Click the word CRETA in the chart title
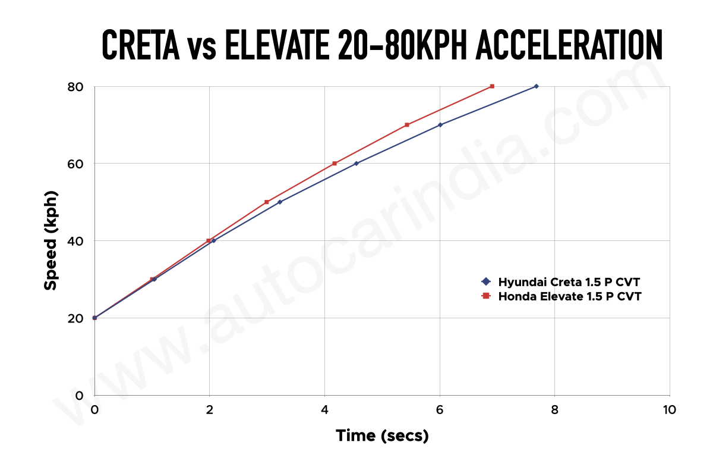click(140, 45)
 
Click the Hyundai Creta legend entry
click(569, 281)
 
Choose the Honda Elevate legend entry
click(569, 296)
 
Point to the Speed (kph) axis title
click(51, 240)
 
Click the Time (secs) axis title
click(382, 436)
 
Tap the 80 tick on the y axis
click(76, 86)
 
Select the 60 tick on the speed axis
click(76, 164)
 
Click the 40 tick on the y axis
click(76, 241)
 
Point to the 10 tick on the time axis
click(670, 410)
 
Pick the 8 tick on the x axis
click(554, 410)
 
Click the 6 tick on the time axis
click(440, 410)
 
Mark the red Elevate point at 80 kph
click(492, 86)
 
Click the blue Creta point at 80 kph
click(536, 86)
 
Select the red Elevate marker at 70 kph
click(407, 125)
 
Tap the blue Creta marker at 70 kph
click(440, 125)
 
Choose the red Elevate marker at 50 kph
click(267, 202)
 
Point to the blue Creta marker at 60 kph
click(356, 164)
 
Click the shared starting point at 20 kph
click(94, 318)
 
